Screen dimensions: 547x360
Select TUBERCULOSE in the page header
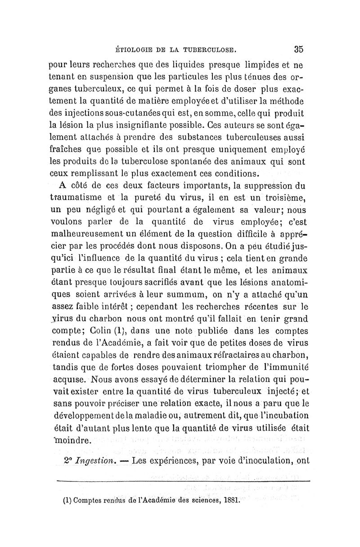(x=214, y=49)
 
